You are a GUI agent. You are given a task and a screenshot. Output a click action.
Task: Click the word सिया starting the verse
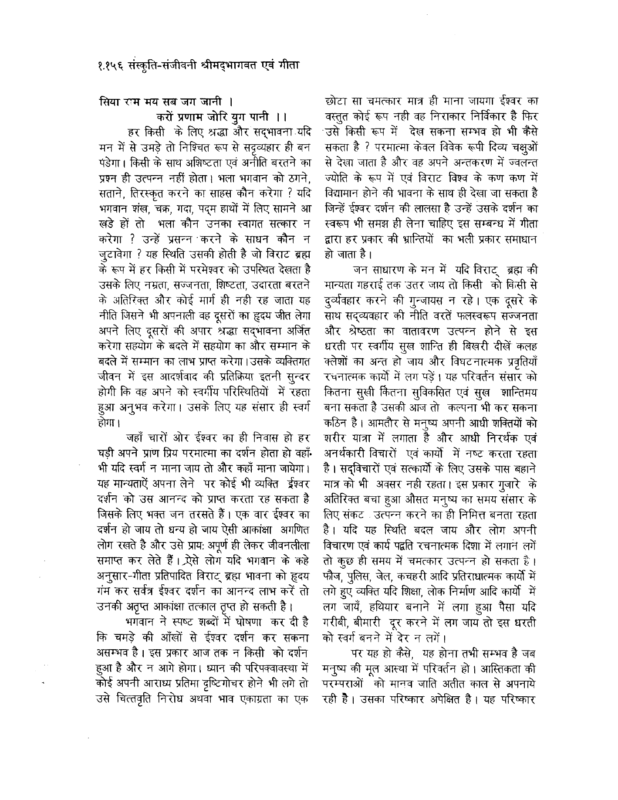pyautogui.click(x=107, y=105)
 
